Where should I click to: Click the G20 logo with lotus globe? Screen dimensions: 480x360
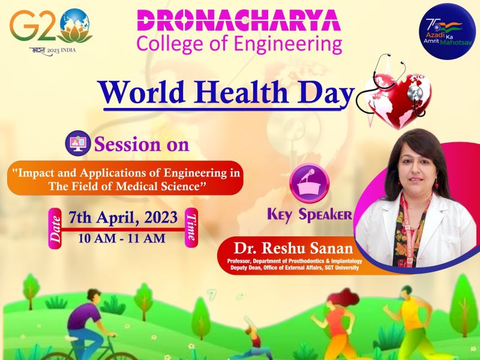[x=51, y=31]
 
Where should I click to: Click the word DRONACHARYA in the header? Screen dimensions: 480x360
[x=239, y=21]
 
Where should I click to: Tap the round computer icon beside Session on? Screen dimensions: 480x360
[x=78, y=143]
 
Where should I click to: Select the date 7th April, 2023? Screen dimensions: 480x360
[x=123, y=218]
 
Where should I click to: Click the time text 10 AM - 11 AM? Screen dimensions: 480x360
[x=122, y=238]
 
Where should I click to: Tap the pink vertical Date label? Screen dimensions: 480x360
[x=55, y=229]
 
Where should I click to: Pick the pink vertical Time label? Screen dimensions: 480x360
[x=191, y=227]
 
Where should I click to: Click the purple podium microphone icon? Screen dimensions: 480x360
[x=309, y=183]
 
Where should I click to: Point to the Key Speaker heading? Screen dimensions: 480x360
[x=310, y=215]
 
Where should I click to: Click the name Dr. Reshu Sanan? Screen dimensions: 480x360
[x=293, y=248]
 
